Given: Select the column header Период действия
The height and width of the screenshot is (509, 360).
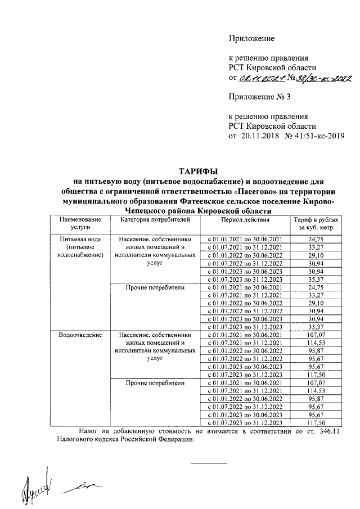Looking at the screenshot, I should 245,220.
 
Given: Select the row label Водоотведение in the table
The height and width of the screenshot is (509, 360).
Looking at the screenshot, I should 76,335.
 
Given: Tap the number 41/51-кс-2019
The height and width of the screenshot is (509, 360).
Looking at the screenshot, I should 315,136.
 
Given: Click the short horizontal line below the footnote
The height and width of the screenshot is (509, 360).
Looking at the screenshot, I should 209,463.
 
